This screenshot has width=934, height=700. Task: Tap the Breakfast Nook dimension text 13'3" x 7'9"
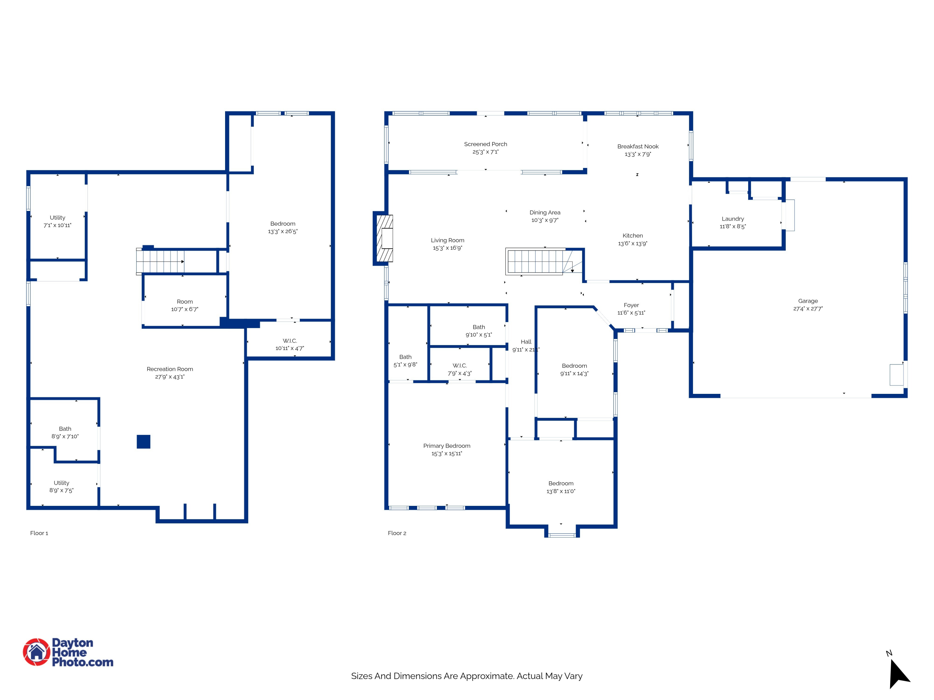point(638,154)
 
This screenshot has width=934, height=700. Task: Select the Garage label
point(808,301)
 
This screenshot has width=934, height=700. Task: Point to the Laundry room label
point(733,219)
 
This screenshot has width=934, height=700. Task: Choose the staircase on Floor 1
point(160,262)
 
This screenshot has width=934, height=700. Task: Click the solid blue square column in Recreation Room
point(144,442)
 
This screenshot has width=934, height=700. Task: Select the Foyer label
point(631,305)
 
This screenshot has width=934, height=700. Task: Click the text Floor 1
point(39,533)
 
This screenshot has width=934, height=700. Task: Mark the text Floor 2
point(397,533)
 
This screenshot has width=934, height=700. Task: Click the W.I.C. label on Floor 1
point(290,340)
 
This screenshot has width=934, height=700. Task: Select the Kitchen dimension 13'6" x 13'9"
point(633,244)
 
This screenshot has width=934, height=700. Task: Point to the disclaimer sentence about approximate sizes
point(467,676)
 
